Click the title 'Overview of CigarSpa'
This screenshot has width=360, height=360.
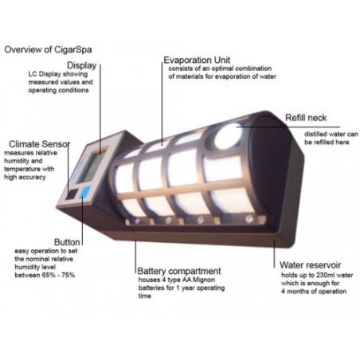coord(48,49)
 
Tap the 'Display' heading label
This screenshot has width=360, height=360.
coord(81,65)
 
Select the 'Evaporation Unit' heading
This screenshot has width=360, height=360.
coord(197,61)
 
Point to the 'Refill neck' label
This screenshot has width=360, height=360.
coord(306,118)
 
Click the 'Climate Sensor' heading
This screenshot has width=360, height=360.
coord(39,144)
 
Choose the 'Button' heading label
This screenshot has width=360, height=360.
coord(67,242)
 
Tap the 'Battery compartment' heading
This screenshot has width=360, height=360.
coord(179,271)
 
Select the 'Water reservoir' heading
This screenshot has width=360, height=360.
coord(310,265)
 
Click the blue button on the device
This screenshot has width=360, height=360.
coord(84,192)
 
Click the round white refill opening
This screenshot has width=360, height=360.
coord(228,135)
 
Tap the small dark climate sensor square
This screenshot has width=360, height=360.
coord(72,194)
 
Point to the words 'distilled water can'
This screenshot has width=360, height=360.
coord(331,134)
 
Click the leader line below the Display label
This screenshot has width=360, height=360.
coord(100,109)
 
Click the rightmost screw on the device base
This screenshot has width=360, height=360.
coord(248,219)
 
